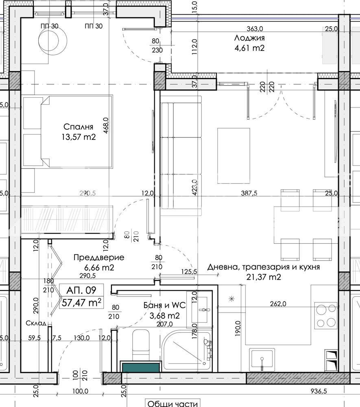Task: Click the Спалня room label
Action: pyautogui.click(x=79, y=127)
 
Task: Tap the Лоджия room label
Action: pyautogui.click(x=249, y=38)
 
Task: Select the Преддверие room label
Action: pyautogui.click(x=99, y=258)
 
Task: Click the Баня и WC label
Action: pyautogui.click(x=165, y=305)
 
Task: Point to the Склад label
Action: pyautogui.click(x=36, y=323)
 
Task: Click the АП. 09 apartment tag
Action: pyautogui.click(x=81, y=290)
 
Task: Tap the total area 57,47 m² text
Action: pyautogui.click(x=81, y=302)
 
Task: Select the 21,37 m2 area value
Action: pyautogui.click(x=264, y=277)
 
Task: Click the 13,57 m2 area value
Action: pyautogui.click(x=79, y=137)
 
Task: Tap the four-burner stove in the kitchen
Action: pyautogui.click(x=326, y=316)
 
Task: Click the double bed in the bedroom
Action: pyautogui.click(x=68, y=131)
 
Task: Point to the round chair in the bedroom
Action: pyautogui.click(x=53, y=40)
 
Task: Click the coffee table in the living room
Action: pyautogui.click(x=233, y=156)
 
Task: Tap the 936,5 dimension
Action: pyautogui.click(x=319, y=391)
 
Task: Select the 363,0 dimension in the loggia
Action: pyautogui.click(x=255, y=28)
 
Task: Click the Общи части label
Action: pyautogui.click(x=173, y=403)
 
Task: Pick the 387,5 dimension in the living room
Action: pyautogui.click(x=249, y=193)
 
